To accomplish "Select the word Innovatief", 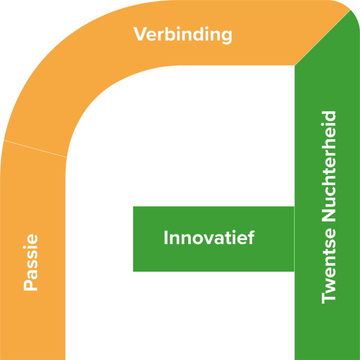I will click(209, 238).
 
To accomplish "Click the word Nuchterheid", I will click(329, 170).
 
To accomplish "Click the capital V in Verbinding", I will click(140, 34).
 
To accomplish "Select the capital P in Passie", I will click(31, 284).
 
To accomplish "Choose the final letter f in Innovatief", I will click(251, 238).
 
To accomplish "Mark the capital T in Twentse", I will click(329, 297).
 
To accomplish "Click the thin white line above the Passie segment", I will click(35, 149).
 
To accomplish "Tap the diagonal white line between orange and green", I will click(322, 38).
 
